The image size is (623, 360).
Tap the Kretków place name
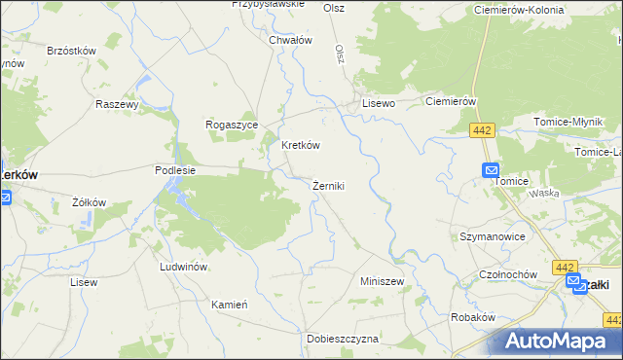click(x=301, y=145)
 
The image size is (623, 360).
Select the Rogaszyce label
click(x=231, y=125)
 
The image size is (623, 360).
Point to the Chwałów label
click(x=290, y=40)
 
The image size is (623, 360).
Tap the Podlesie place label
click(x=175, y=169)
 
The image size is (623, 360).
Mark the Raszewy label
click(x=119, y=102)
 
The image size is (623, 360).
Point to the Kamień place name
click(x=231, y=304)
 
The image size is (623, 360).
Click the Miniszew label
click(x=382, y=280)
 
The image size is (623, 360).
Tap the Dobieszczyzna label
click(x=342, y=338)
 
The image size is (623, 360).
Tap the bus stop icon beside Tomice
click(x=492, y=169)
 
